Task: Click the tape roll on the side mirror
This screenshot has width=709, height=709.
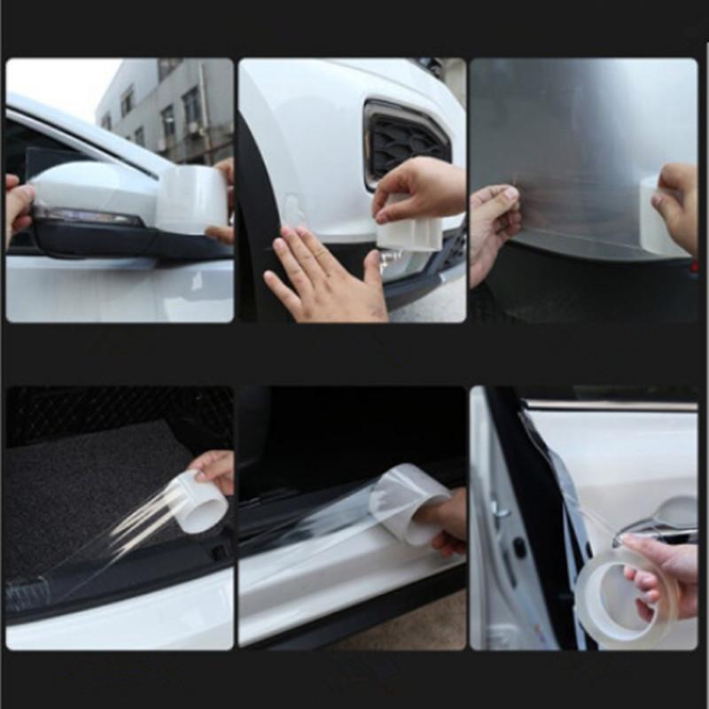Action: (191, 199)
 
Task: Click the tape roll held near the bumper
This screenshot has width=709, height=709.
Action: (409, 233)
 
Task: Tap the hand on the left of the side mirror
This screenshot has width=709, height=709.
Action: (18, 208)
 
